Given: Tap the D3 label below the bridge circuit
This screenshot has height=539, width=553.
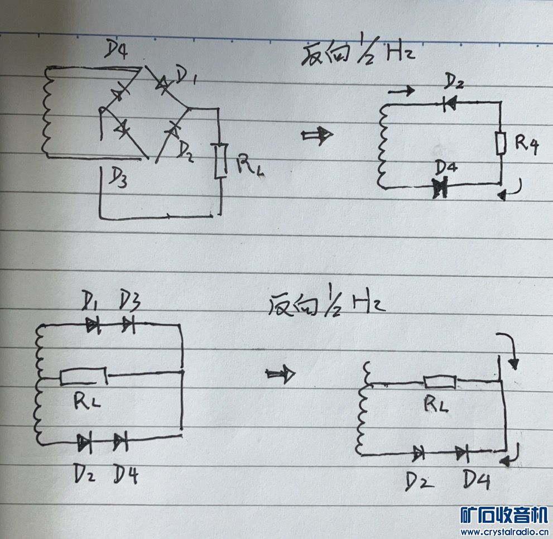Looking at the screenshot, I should click(x=115, y=180).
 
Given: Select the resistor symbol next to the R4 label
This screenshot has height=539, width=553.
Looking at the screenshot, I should click(x=501, y=143).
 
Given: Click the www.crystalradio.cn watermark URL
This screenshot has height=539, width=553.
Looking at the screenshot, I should click(x=504, y=531).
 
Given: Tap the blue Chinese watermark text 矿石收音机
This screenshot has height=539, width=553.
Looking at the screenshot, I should click(x=504, y=514).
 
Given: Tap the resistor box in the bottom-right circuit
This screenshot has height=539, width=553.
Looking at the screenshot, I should click(x=440, y=382).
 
